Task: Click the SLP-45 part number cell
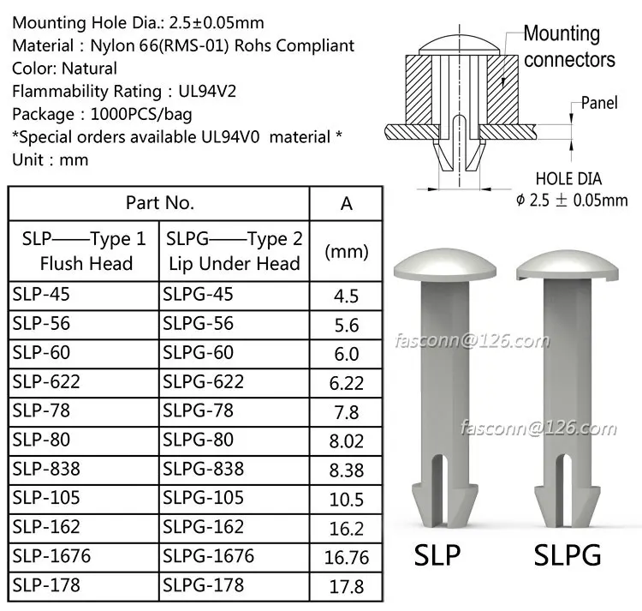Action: click(x=41, y=295)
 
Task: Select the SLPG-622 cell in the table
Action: click(x=203, y=382)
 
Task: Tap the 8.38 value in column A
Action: click(x=347, y=470)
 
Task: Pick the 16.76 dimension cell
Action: click(x=347, y=558)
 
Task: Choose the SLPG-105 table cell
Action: click(x=203, y=498)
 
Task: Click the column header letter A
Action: click(x=347, y=203)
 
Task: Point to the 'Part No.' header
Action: click(x=160, y=203)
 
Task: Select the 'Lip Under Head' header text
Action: click(x=234, y=264)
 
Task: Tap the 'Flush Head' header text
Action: click(x=86, y=264)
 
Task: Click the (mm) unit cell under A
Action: click(x=347, y=251)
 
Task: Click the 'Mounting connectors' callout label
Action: click(x=568, y=46)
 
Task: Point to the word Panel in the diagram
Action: click(x=599, y=103)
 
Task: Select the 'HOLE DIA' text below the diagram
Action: click(x=568, y=180)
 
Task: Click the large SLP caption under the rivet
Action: click(x=437, y=555)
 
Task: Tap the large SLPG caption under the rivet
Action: click(x=567, y=555)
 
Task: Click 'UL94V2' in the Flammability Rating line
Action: click(x=205, y=91)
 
